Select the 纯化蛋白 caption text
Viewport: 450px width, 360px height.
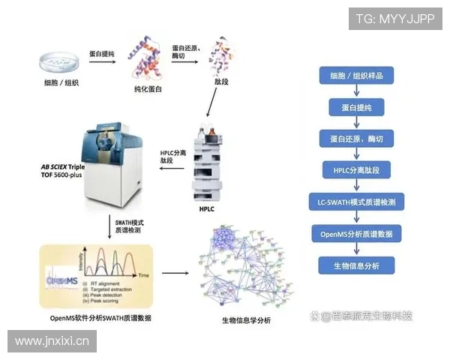pyautogui.click(x=148, y=89)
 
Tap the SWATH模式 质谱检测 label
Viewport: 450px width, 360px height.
pyautogui.click(x=130, y=227)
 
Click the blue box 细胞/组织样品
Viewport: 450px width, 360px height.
pyautogui.click(x=357, y=76)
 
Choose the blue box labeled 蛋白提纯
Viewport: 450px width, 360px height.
pyautogui.click(x=357, y=107)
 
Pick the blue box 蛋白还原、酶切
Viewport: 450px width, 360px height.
pyautogui.click(x=357, y=139)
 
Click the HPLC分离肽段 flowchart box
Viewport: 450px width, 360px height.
pyautogui.click(x=357, y=170)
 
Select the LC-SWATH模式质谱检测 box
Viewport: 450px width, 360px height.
pyautogui.click(x=357, y=202)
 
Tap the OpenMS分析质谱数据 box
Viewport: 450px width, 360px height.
pyautogui.click(x=357, y=234)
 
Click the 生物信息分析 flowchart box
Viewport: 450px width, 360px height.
pyautogui.click(x=357, y=265)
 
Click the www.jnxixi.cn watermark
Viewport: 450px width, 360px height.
pyautogui.click(x=52, y=341)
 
